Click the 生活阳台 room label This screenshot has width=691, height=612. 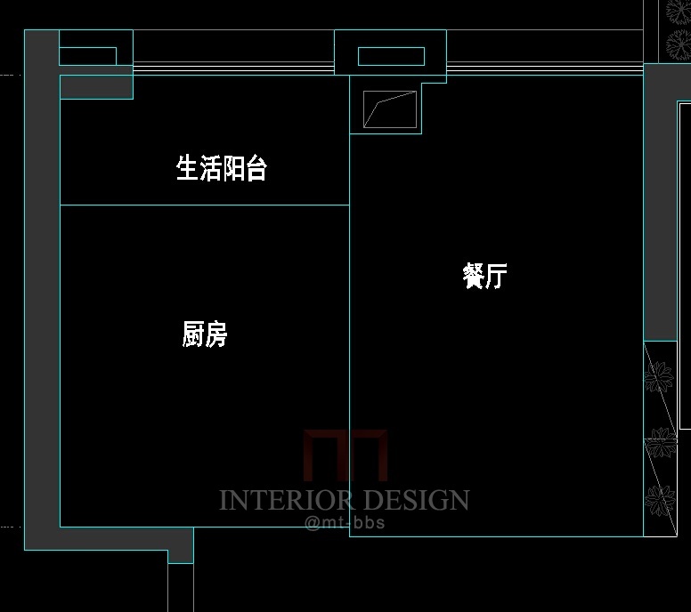222,168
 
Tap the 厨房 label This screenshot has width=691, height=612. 205,334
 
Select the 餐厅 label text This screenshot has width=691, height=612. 484,276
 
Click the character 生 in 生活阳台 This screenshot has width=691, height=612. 187,168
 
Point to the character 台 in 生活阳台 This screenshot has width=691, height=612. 256,168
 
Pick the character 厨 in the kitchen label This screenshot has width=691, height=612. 193,334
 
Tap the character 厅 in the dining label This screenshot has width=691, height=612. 497,276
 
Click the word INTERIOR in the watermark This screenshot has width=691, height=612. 286,500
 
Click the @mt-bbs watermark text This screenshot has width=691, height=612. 345,523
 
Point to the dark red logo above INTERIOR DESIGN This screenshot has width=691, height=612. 345,455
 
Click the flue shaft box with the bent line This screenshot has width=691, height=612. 390,109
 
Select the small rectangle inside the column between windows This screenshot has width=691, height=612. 391,56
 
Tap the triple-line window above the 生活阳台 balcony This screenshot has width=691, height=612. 233,68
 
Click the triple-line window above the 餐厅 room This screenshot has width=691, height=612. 545,68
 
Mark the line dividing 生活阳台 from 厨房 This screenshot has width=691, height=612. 205,205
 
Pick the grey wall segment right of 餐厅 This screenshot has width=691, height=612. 660,203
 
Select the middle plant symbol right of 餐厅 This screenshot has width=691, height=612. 660,442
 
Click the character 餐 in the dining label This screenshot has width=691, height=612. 474,276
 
